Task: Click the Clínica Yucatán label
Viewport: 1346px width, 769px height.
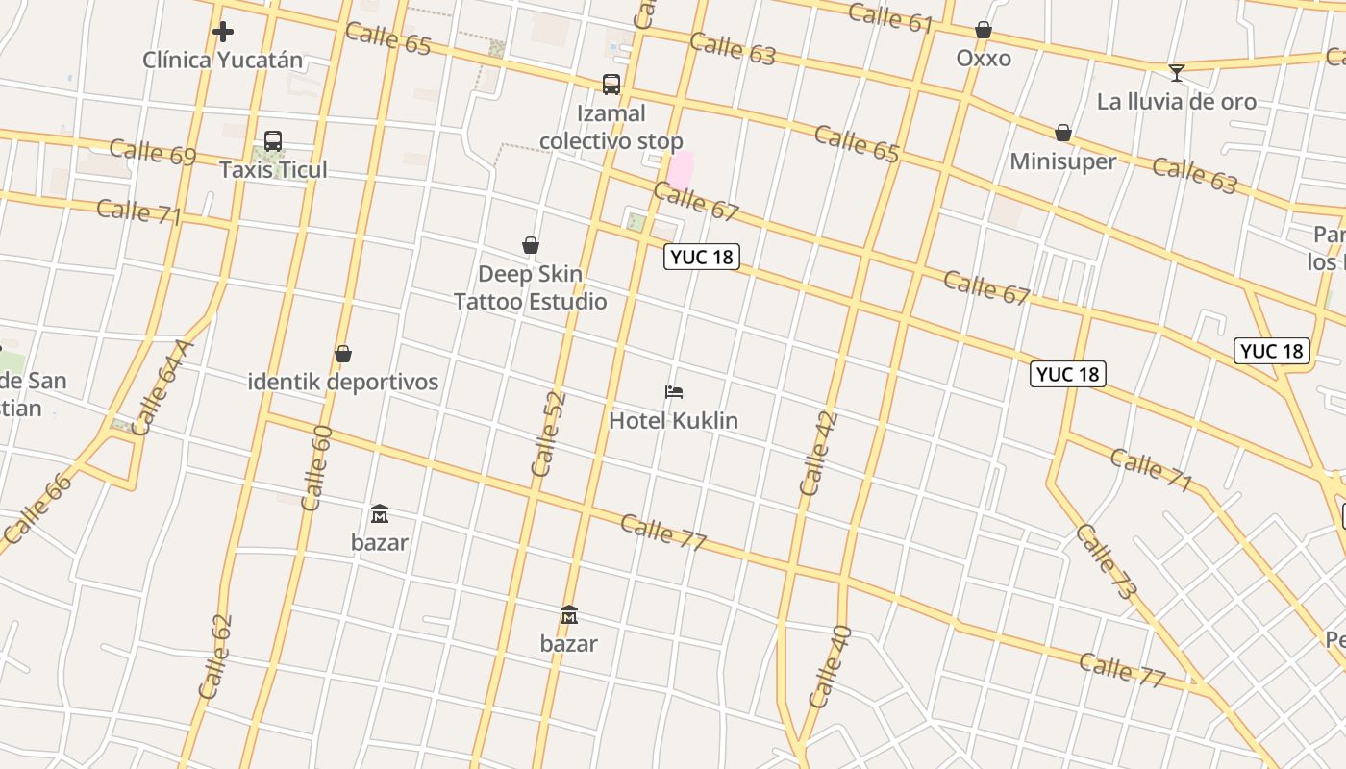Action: click(x=222, y=60)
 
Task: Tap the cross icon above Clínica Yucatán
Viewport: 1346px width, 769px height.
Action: click(x=223, y=32)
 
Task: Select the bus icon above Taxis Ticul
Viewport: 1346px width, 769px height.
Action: click(x=273, y=141)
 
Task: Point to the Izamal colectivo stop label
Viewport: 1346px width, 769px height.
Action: click(x=611, y=127)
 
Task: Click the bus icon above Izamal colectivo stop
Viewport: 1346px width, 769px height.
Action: click(x=611, y=85)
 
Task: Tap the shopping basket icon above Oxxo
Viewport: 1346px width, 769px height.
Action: click(x=983, y=31)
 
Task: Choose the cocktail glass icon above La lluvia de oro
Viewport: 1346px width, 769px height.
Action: click(x=1176, y=73)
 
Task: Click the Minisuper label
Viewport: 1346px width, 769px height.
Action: click(x=1062, y=161)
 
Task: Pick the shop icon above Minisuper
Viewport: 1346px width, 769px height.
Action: click(x=1063, y=133)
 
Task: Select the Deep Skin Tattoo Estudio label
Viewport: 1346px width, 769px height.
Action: click(x=531, y=287)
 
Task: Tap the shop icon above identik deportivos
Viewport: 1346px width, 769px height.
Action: click(x=343, y=354)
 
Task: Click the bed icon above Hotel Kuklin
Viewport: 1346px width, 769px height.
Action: click(x=674, y=392)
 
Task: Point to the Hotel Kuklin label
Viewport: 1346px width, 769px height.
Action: click(x=673, y=420)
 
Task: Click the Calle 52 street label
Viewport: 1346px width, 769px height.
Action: click(x=547, y=434)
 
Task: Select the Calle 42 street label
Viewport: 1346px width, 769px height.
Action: click(x=818, y=454)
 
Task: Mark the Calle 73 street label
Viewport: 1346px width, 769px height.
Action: click(x=1106, y=562)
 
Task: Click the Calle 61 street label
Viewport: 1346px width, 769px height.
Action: click(x=891, y=17)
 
